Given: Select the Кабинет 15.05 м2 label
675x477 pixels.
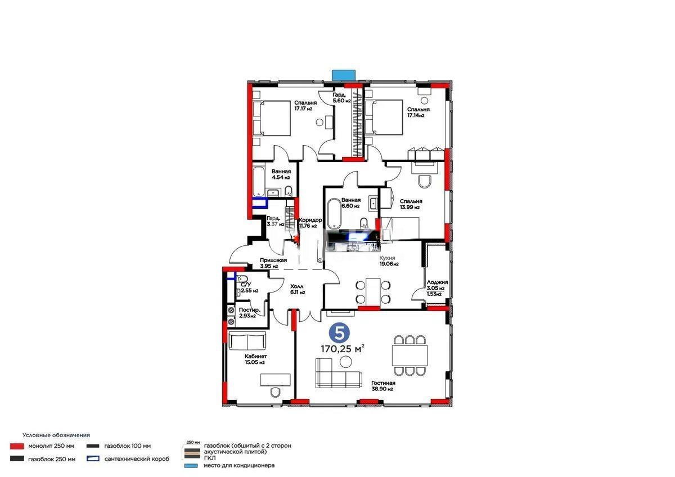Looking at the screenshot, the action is point(255,359).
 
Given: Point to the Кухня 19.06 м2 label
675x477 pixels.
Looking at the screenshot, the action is point(389,260).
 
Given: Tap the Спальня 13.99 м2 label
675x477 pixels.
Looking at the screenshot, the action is point(411,204).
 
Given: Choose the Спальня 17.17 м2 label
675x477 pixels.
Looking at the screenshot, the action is point(305,106).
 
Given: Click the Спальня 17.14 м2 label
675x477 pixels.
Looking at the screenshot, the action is point(418,112).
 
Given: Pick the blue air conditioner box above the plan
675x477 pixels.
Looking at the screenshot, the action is point(343,75).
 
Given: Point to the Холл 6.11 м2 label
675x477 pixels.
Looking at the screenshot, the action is point(298,289).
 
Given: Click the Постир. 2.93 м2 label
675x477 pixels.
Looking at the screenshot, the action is point(249,313).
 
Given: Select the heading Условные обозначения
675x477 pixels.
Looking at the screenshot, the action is point(56,435).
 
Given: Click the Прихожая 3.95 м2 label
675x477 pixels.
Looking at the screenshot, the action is point(273,263).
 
